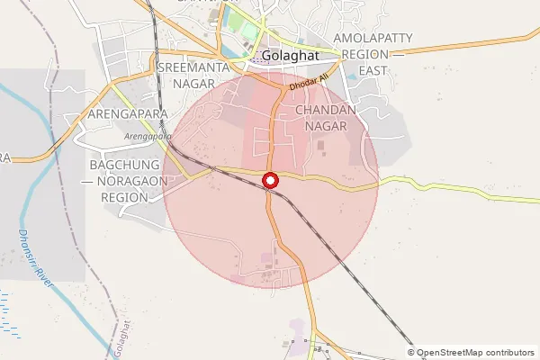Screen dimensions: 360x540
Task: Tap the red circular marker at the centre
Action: pos(270,181)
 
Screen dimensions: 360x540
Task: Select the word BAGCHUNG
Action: pos(124,166)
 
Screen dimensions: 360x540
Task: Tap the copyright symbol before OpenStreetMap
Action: pos(411,352)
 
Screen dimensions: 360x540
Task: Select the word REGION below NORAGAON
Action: pos(124,197)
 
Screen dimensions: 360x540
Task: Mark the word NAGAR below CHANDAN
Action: pos(326,126)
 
